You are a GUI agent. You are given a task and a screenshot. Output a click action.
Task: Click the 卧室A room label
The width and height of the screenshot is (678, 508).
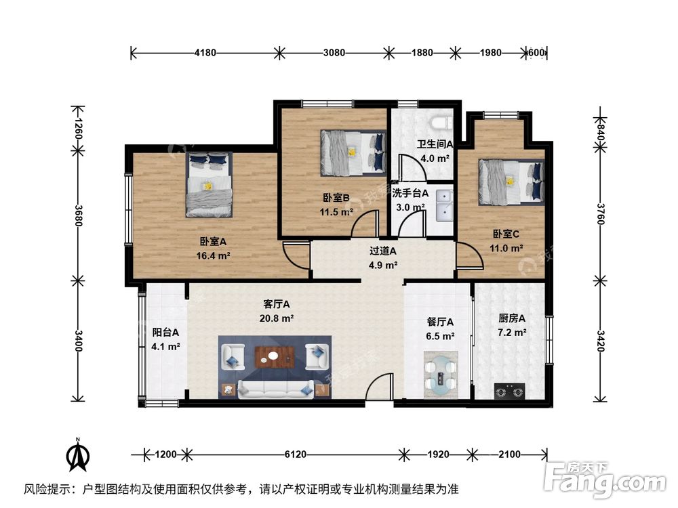tap(212, 241)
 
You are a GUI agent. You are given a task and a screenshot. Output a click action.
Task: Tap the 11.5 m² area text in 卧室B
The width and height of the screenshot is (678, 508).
tap(337, 211)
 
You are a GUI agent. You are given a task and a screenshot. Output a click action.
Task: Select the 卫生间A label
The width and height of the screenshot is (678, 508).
tap(435, 144)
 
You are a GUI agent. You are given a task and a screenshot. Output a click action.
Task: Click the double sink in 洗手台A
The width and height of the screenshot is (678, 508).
tap(444, 205)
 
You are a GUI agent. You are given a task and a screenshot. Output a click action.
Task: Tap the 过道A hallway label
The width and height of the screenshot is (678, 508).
tap(382, 251)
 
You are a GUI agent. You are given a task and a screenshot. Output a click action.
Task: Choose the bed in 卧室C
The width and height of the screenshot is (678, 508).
tap(512, 180)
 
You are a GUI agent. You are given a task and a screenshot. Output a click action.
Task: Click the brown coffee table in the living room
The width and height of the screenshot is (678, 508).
tap(274, 356)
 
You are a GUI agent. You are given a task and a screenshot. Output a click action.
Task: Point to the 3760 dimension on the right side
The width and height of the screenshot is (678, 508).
tap(599, 216)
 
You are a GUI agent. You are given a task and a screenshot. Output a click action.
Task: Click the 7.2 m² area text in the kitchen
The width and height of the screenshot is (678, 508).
tap(512, 333)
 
